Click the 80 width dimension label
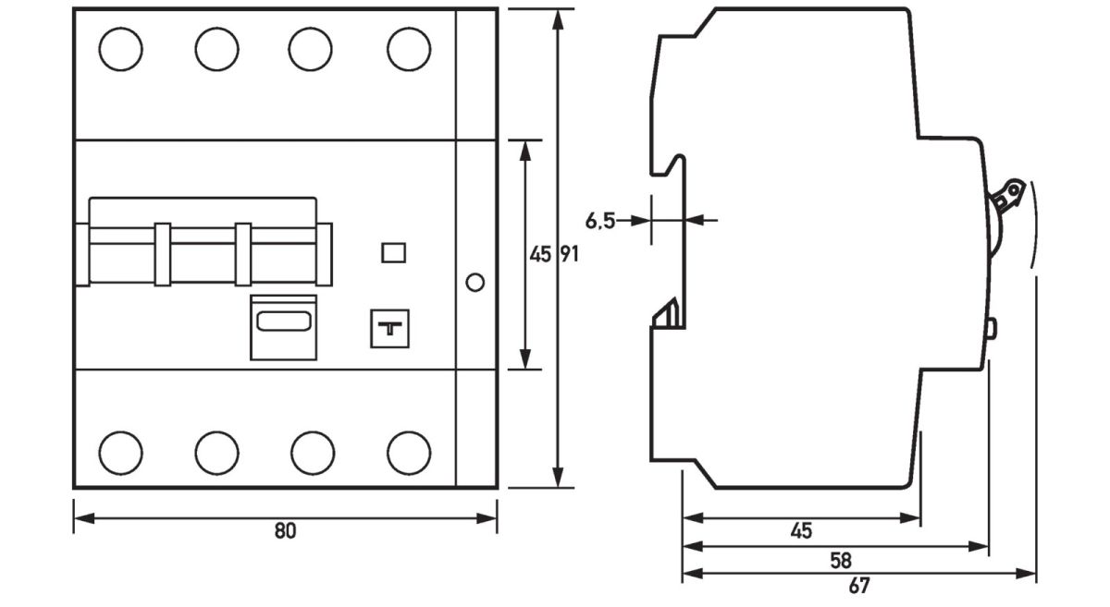pyautogui.click(x=285, y=532)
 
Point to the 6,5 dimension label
pyautogui.click(x=600, y=221)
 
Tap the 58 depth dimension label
pyautogui.click(x=841, y=560)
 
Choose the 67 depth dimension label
pyautogui.click(x=858, y=586)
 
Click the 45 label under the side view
pyautogui.click(x=801, y=531)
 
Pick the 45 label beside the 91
pyautogui.click(x=539, y=255)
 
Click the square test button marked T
pyautogui.click(x=389, y=328)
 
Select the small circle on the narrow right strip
pyautogui.click(x=475, y=282)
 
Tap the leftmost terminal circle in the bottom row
pyautogui.click(x=121, y=452)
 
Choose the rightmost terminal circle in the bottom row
pyautogui.click(x=409, y=452)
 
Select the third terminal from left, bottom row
pyautogui.click(x=313, y=452)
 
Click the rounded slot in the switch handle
pyautogui.click(x=284, y=322)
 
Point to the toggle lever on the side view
pyautogui.click(x=1005, y=199)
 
